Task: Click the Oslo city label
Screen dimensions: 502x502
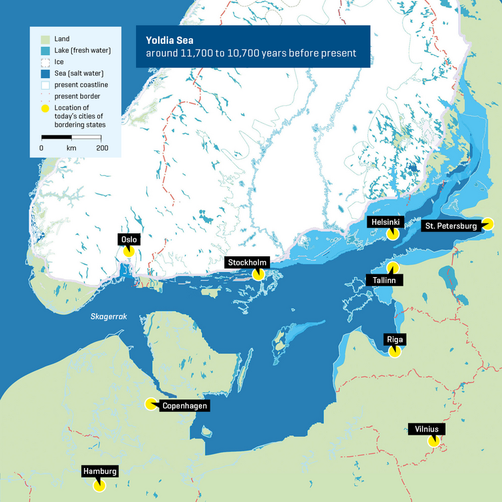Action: click(129, 240)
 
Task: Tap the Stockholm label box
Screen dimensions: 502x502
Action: click(247, 263)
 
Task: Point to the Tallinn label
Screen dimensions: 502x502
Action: click(384, 280)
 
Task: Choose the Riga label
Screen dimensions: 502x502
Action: click(395, 339)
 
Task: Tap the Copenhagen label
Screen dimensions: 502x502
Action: click(185, 406)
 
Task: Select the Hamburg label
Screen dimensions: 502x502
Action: click(99, 471)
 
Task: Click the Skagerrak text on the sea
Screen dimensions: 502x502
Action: click(108, 317)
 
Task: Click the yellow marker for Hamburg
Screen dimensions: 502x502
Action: click(99, 485)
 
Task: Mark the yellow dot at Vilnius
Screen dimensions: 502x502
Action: click(433, 441)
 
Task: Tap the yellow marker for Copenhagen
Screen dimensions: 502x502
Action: click(150, 404)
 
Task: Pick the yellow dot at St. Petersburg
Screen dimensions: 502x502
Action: click(488, 224)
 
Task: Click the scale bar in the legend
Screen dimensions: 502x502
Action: click(71, 137)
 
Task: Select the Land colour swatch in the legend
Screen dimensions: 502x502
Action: click(45, 39)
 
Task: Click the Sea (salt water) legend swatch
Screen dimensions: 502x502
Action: click(45, 73)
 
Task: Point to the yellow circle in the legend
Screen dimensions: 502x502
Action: click(45, 108)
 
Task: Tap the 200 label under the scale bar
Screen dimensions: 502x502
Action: click(102, 148)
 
